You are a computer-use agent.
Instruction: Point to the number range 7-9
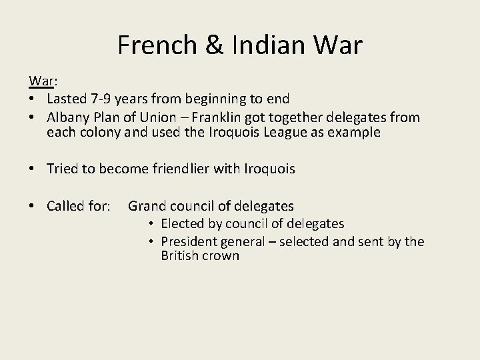(x=101, y=99)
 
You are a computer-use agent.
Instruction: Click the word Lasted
(x=67, y=99)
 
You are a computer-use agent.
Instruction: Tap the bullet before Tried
(x=32, y=169)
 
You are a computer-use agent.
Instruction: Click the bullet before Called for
(x=32, y=207)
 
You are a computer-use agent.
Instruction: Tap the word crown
(x=223, y=256)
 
